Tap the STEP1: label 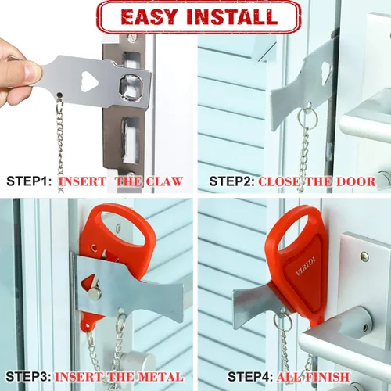click(29, 181)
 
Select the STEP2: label click(231, 181)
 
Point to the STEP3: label click(29, 377)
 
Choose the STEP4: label click(250, 377)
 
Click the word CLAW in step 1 click(164, 181)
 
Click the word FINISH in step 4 click(328, 377)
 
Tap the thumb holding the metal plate click(29, 73)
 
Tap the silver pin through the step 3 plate click(94, 296)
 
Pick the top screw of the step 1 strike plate click(132, 38)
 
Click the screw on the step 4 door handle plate click(364, 256)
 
